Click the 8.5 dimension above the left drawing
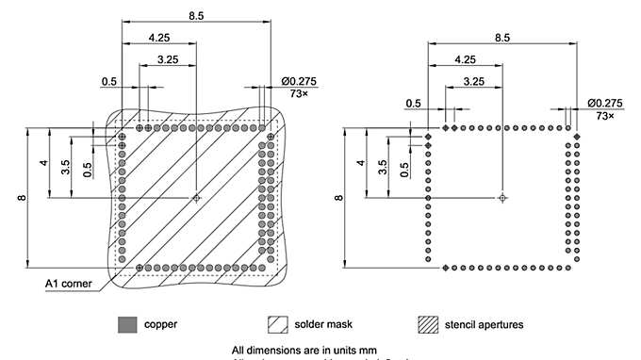point(195,15)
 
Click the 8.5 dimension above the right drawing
point(501,37)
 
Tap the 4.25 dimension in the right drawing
point(465,58)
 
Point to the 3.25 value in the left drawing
point(168,58)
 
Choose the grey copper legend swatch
point(126,324)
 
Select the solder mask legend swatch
point(278,324)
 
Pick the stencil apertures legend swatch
point(429,324)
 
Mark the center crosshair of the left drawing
point(196,198)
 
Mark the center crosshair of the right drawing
point(502,198)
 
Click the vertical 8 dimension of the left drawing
point(20,198)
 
